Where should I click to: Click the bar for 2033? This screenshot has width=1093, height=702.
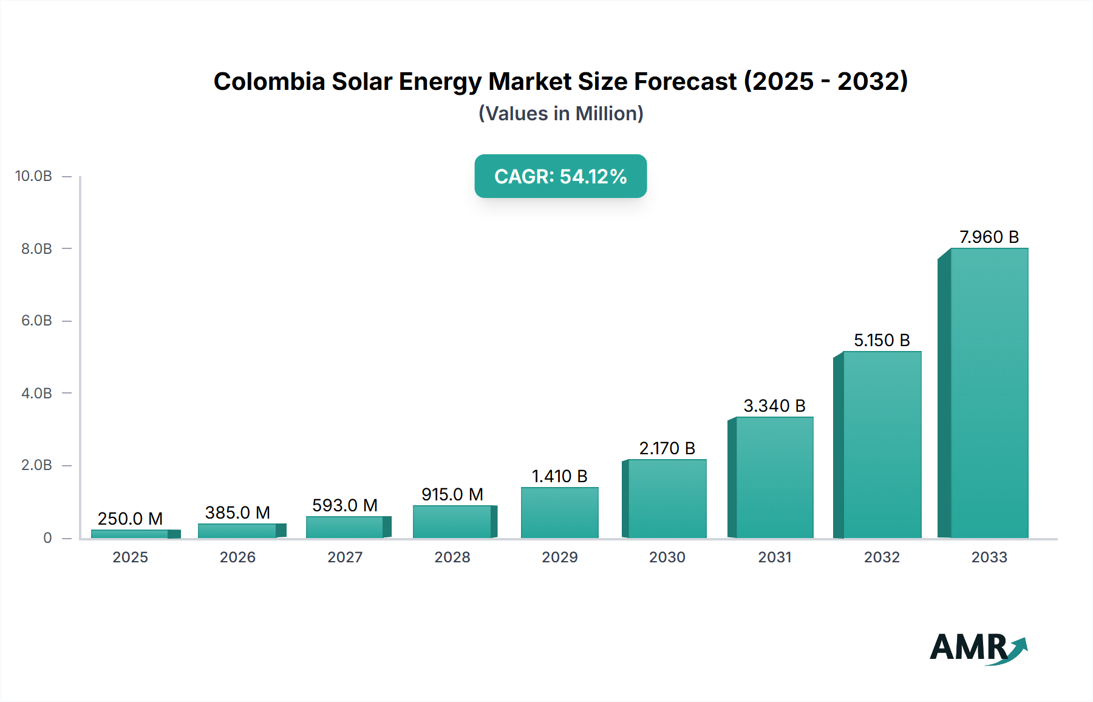tap(989, 394)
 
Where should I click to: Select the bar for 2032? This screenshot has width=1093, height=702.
tap(882, 445)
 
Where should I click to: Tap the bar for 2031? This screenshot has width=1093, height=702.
tap(774, 478)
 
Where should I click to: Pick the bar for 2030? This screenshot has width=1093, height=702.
tap(667, 499)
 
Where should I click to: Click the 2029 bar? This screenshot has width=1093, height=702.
tap(559, 513)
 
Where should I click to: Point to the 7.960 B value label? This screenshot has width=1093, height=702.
tap(989, 237)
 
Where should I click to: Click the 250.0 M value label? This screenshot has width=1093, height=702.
tap(130, 519)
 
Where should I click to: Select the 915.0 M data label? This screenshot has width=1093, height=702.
tap(452, 494)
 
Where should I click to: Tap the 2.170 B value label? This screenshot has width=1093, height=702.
tap(667, 448)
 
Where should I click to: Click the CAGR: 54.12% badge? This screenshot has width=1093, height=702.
tap(560, 176)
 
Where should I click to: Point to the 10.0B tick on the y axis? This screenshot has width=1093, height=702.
tap(33, 176)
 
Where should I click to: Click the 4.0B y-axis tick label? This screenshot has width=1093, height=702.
tap(36, 393)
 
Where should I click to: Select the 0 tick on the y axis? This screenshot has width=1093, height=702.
tap(47, 537)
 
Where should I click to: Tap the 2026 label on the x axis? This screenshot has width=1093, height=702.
tap(237, 557)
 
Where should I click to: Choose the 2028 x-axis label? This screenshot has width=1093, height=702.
tap(452, 557)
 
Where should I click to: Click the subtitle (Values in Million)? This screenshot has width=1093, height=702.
tap(560, 114)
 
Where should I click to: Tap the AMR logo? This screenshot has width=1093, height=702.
tap(978, 648)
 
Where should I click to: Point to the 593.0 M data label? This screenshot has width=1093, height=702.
tap(345, 505)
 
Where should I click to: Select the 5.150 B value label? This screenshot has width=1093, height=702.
tap(882, 340)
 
